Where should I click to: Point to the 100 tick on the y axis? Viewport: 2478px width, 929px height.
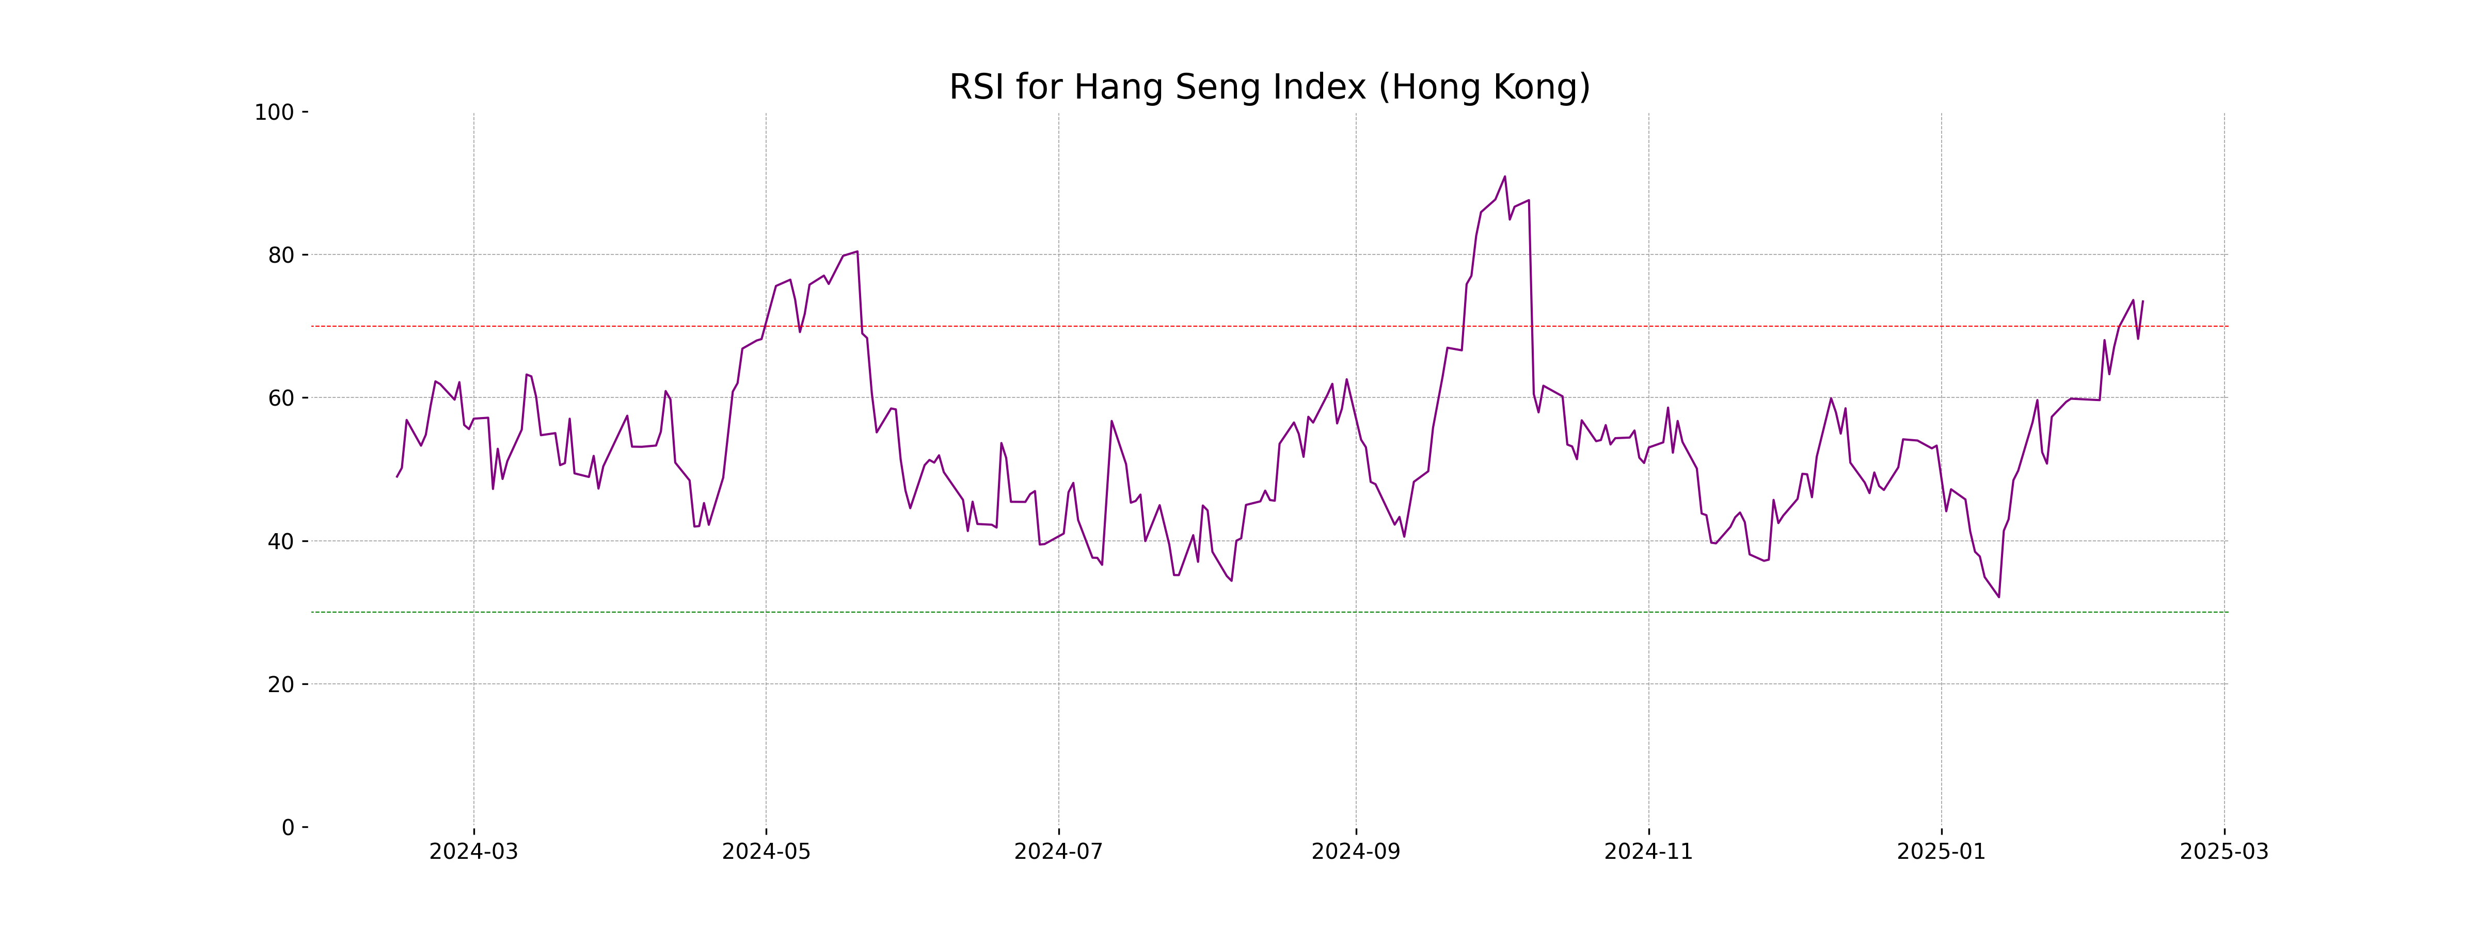(x=274, y=113)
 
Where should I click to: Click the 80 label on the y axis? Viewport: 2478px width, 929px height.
(x=281, y=255)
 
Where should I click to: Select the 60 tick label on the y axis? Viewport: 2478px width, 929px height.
(x=281, y=398)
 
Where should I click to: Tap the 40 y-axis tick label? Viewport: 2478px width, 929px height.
(x=281, y=541)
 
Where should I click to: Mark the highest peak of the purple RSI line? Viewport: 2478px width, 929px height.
(x=1504, y=177)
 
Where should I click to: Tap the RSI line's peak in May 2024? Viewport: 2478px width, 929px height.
(x=856, y=252)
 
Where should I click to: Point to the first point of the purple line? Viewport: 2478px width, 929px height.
(x=396, y=477)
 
